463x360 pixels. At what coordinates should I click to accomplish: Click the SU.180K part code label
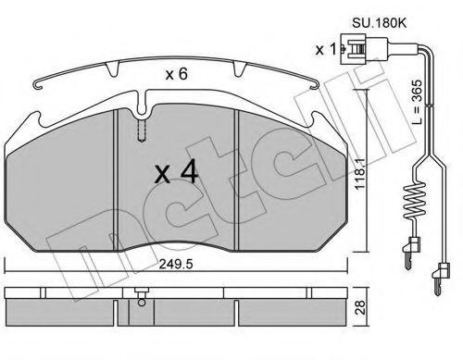coord(380,23)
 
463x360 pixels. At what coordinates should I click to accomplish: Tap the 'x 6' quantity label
coord(176,74)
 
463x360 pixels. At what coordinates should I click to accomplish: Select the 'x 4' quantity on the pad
coord(176,173)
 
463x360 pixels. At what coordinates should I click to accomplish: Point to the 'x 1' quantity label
coord(325,49)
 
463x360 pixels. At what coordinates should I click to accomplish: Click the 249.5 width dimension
coord(176,264)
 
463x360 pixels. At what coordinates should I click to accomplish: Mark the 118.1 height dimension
coord(360,174)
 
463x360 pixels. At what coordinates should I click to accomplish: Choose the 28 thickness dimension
coord(360,307)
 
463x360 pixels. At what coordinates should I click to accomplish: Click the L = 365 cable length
coord(417,102)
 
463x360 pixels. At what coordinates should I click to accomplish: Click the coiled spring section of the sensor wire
coord(415,201)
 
